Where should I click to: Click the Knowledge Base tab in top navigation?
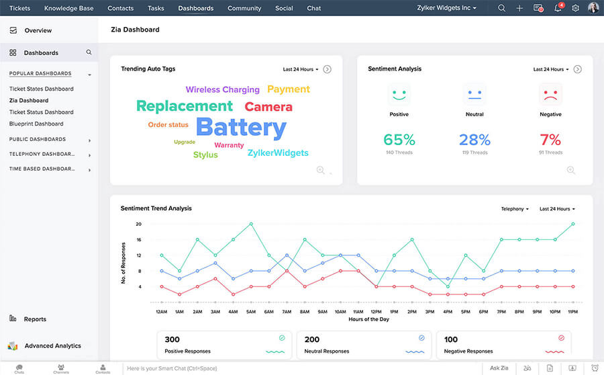click(x=68, y=8)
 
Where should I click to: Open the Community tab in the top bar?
click(x=244, y=8)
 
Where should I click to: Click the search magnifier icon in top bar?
click(x=502, y=8)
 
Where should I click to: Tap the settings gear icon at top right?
click(x=575, y=8)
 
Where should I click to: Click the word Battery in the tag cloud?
click(x=241, y=127)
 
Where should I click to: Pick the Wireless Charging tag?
click(x=222, y=89)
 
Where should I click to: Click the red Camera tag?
click(x=268, y=107)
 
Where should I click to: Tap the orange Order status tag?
click(x=168, y=125)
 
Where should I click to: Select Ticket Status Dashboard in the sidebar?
click(x=41, y=112)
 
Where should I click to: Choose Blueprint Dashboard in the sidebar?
click(x=36, y=124)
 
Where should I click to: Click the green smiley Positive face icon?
click(x=399, y=95)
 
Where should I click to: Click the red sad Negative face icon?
click(x=550, y=95)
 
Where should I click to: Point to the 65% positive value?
click(x=399, y=140)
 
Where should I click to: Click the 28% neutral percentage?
click(x=474, y=140)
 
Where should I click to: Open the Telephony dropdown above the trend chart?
click(x=515, y=209)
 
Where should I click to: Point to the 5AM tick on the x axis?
click(x=251, y=312)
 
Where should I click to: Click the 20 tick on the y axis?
click(x=138, y=224)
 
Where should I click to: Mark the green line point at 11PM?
click(x=573, y=224)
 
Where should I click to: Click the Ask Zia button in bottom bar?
click(x=499, y=368)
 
